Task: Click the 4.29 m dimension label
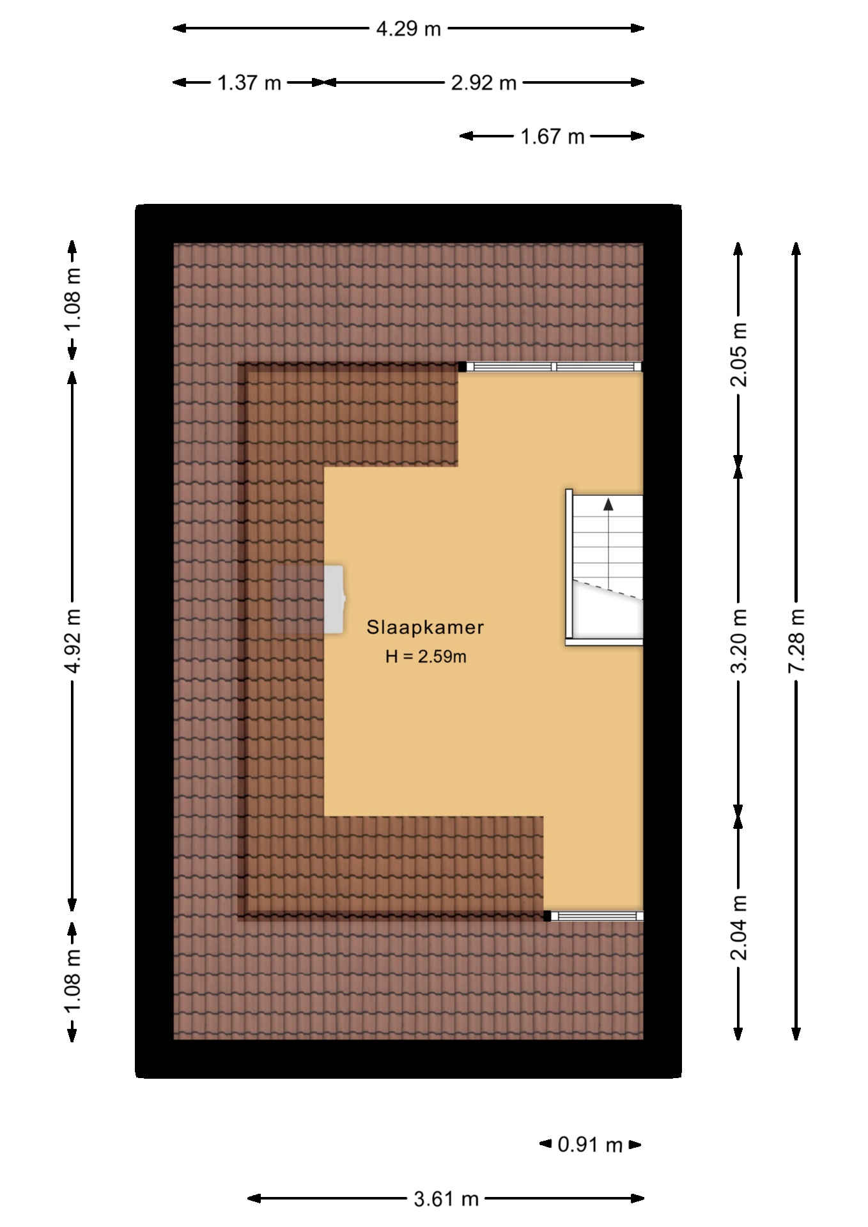(x=408, y=29)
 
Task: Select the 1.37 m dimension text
(x=249, y=82)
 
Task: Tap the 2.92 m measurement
(x=483, y=82)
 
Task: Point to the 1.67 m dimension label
(x=552, y=137)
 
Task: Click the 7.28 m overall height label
(x=796, y=640)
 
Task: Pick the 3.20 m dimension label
(x=739, y=640)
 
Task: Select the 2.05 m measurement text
(x=739, y=354)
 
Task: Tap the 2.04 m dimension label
(x=739, y=927)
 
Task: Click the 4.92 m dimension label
(x=73, y=640)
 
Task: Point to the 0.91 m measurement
(x=589, y=1144)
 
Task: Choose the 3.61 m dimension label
(x=446, y=1199)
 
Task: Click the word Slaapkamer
(x=425, y=627)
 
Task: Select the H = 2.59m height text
(x=425, y=656)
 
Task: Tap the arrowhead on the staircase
(x=608, y=504)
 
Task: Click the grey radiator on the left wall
(x=334, y=599)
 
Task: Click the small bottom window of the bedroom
(x=596, y=916)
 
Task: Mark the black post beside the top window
(x=461, y=366)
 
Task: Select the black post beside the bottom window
(x=547, y=916)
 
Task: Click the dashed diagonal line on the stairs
(x=607, y=589)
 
